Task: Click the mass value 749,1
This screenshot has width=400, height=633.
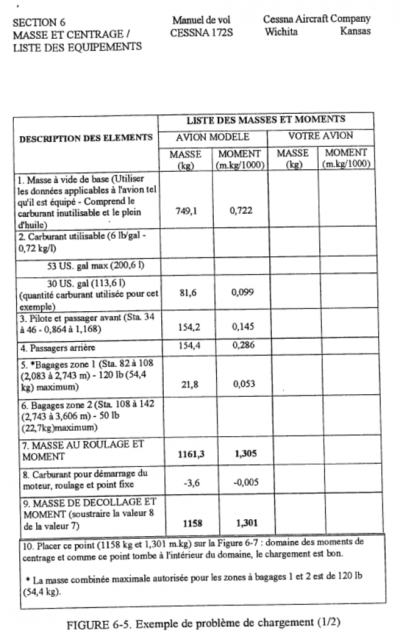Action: coord(186,211)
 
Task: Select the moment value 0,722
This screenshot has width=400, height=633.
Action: coord(241,211)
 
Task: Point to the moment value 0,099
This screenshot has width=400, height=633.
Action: coord(241,291)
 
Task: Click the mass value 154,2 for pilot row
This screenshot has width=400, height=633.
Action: coord(186,326)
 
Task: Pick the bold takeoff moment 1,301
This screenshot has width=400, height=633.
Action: coord(244,522)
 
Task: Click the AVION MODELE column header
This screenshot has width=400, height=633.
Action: coord(212,137)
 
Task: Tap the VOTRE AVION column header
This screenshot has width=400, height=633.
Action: coord(320,136)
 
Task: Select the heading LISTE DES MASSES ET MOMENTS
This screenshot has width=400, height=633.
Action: coord(266,119)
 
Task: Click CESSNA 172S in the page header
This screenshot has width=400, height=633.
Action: coord(201,32)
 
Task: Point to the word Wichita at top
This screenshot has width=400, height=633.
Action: coord(281,31)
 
